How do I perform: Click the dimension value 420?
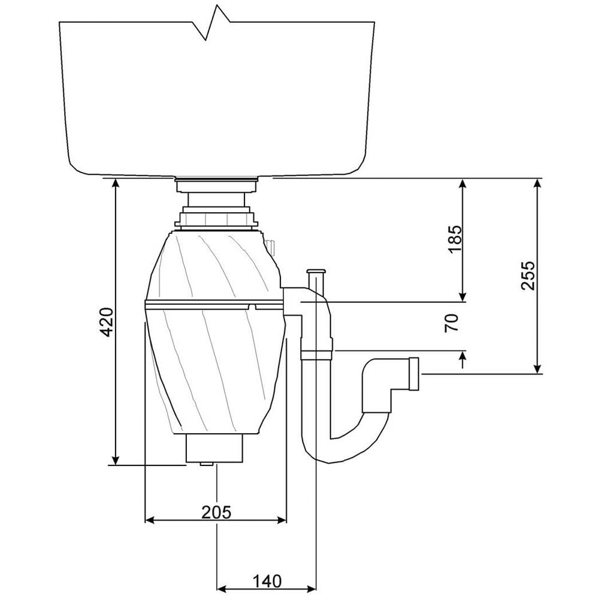pyautogui.click(x=105, y=322)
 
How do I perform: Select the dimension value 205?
pyautogui.click(x=216, y=512)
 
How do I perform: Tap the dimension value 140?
pyautogui.click(x=266, y=580)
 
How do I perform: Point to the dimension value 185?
pyautogui.click(x=455, y=238)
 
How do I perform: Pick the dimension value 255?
pyautogui.click(x=527, y=276)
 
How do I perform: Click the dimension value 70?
pyautogui.click(x=452, y=322)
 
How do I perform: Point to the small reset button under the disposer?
pyautogui.click(x=206, y=464)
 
